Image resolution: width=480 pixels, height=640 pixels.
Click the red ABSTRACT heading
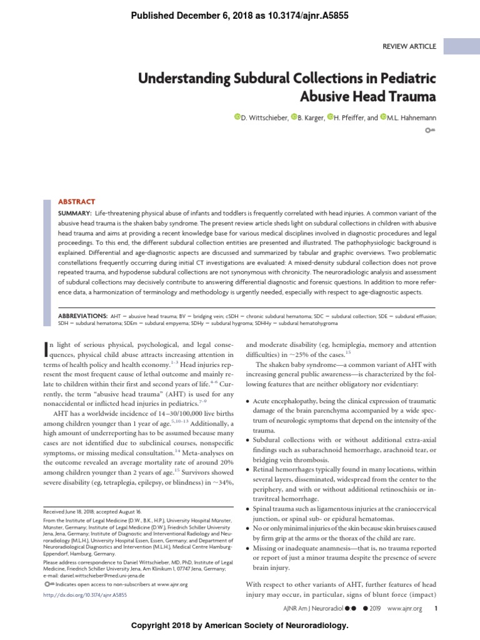[76, 202]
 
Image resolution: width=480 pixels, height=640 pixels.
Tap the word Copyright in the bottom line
[151, 625]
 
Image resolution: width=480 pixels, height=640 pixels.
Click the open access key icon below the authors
[430, 131]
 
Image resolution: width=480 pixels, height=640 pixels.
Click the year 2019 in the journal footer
[373, 607]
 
